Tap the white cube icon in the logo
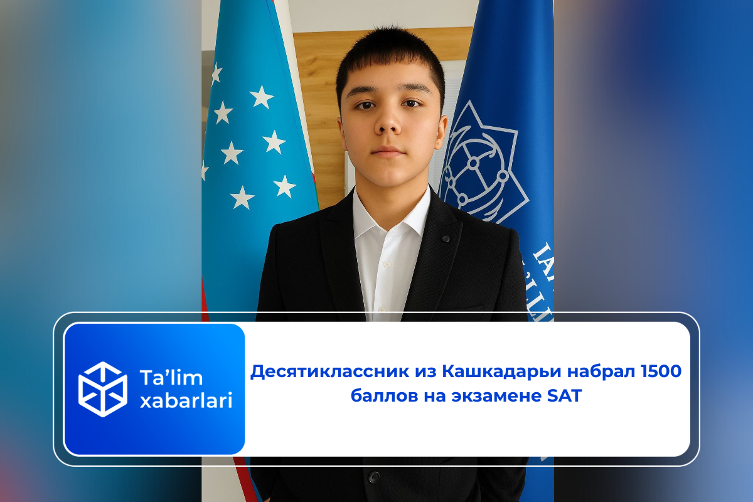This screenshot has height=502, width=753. [102, 389]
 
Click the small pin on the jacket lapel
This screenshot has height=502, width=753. [445, 238]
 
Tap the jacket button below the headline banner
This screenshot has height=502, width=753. [375, 478]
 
